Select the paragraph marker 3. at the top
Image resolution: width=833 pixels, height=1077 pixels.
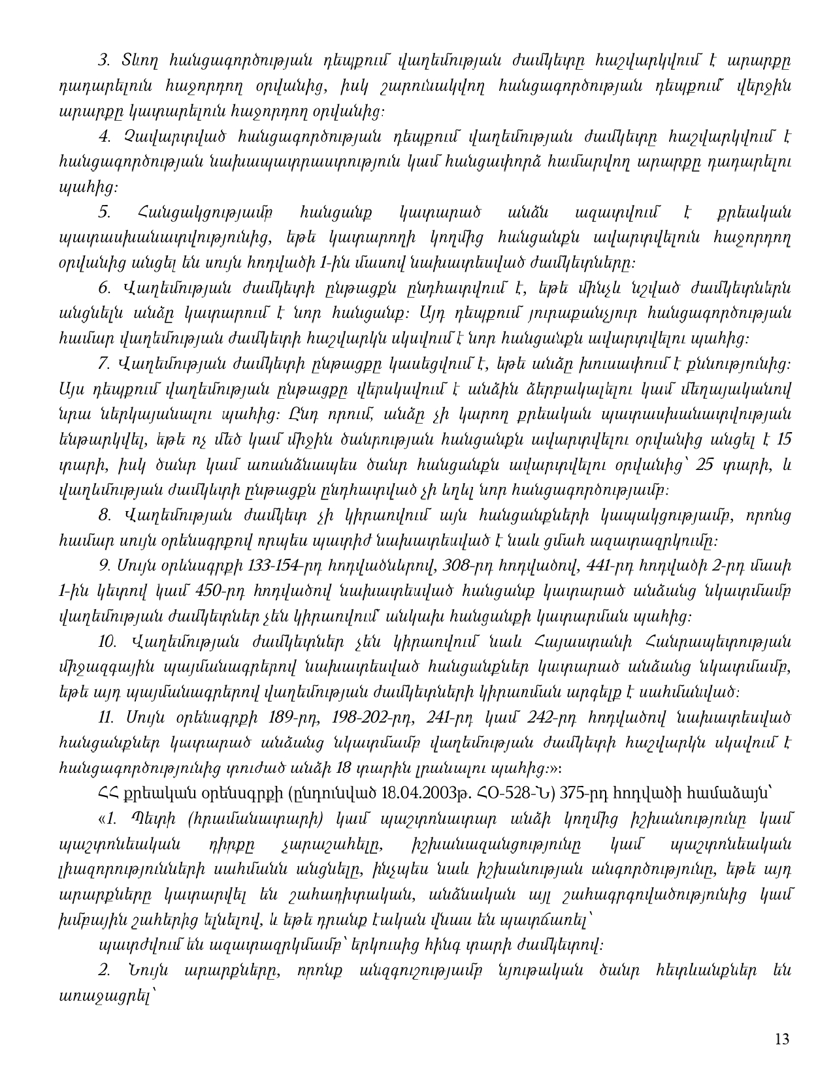pyautogui.click(x=103, y=59)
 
